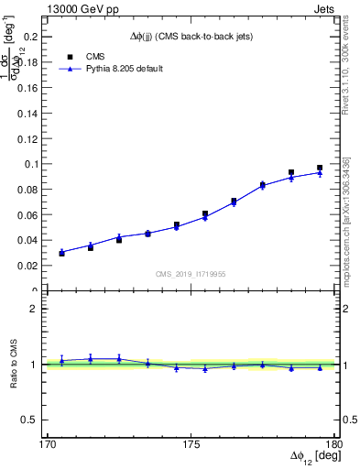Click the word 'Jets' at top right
324,8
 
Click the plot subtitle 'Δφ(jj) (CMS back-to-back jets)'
190,36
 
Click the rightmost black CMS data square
320,168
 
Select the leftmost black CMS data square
61,253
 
